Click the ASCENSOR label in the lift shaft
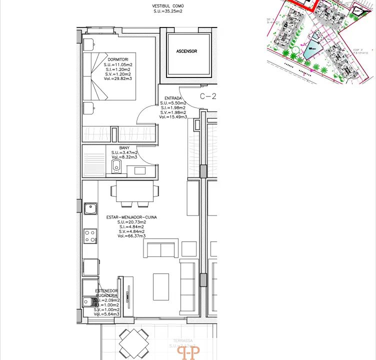point(186,51)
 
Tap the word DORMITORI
point(117,59)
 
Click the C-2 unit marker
point(207,96)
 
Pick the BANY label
point(124,148)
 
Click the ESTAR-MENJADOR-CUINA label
point(131,217)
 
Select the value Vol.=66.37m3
point(131,236)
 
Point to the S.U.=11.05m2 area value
point(117,65)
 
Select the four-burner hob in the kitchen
point(90,236)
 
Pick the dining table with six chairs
point(135,192)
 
